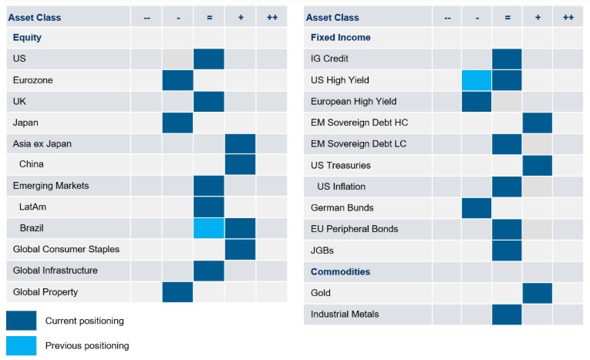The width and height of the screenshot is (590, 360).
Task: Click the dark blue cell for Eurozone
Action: pyautogui.click(x=177, y=80)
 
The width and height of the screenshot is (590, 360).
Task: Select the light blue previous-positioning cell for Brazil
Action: pyautogui.click(x=208, y=228)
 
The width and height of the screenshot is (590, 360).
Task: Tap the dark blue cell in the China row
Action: pyautogui.click(x=240, y=165)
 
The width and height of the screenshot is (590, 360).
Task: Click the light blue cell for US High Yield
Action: pyautogui.click(x=477, y=80)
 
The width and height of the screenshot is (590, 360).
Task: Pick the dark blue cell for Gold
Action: pyautogui.click(x=537, y=293)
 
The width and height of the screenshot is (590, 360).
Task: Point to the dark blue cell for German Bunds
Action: pyautogui.click(x=477, y=208)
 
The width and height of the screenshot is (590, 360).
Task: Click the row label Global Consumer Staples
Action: pyautogui.click(x=56, y=250)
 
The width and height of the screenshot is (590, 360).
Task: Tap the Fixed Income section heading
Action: pyautogui.click(x=340, y=37)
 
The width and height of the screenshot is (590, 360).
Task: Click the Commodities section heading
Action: pyautogui.click(x=340, y=271)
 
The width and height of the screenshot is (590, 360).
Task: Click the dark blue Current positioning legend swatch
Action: pyautogui.click(x=21, y=321)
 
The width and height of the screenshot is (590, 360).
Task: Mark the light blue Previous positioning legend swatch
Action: pyautogui.click(x=21, y=345)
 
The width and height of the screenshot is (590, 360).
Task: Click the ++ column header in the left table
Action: pyautogui.click(x=271, y=17)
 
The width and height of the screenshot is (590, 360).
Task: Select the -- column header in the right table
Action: pyautogui.click(x=447, y=17)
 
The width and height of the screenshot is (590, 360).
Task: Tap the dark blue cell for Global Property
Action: pyautogui.click(x=177, y=292)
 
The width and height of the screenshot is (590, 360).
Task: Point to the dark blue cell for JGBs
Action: pyautogui.click(x=507, y=251)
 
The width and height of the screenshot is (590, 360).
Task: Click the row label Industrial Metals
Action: pyautogui.click(x=346, y=315)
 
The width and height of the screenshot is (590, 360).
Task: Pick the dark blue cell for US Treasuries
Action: pyautogui.click(x=537, y=165)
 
